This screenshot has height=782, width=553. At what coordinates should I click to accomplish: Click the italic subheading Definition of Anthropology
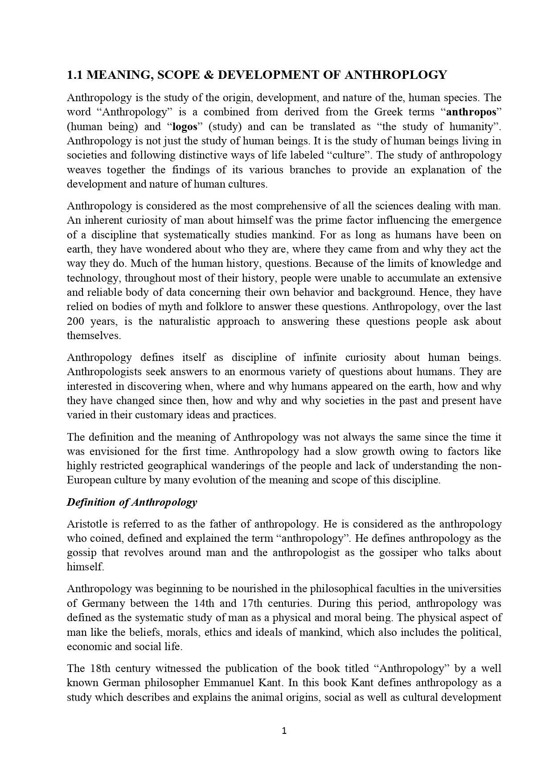coord(132,502)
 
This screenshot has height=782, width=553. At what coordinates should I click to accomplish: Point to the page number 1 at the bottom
coord(284,731)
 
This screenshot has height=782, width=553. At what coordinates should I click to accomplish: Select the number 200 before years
coord(76,321)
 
